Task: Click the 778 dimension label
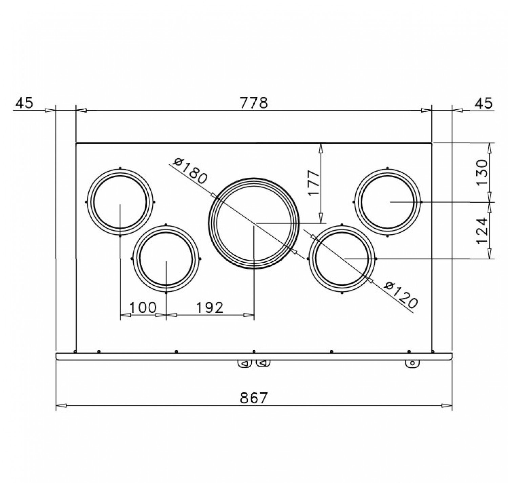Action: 253,103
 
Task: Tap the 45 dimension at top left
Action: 24,103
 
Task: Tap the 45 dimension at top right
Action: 484,103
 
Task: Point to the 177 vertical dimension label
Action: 314,183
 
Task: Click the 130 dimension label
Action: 482,172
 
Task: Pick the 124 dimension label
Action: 482,230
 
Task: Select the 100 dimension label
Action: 143,308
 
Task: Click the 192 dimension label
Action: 210,308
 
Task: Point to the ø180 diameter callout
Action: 190,171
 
